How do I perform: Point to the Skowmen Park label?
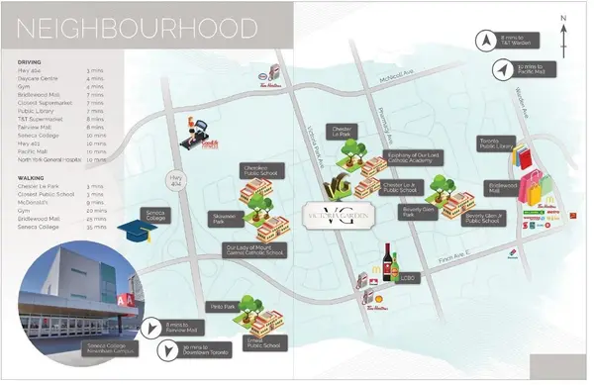(225, 218)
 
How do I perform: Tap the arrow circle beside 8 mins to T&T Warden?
(485, 41)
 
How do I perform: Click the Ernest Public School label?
(264, 343)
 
